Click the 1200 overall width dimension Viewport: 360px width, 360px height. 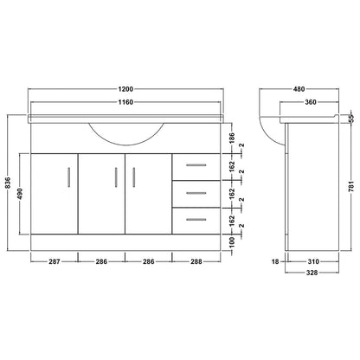[x=125, y=89]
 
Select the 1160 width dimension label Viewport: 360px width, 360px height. [x=125, y=102]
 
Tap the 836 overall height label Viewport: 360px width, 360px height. [x=8, y=183]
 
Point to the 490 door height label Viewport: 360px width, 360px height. [x=20, y=194]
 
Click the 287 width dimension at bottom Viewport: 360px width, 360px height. [x=55, y=261]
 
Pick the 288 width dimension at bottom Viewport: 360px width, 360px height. [x=196, y=261]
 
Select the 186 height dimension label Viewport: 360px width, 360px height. [x=232, y=138]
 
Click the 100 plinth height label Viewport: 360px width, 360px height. [x=233, y=242]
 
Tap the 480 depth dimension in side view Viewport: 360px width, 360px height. [x=299, y=89]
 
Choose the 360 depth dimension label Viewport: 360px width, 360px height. [x=311, y=102]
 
